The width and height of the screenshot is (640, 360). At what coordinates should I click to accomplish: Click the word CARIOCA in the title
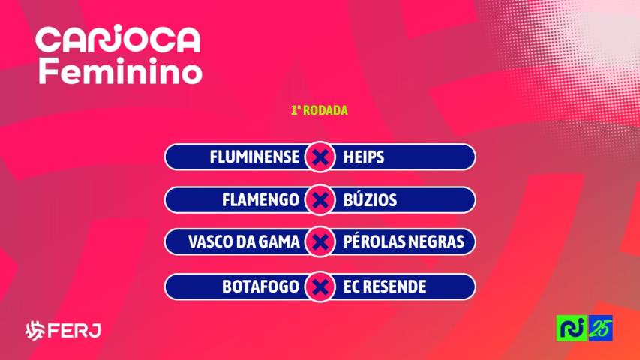[119, 40]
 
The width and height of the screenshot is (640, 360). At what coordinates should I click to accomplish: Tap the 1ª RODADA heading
[320, 110]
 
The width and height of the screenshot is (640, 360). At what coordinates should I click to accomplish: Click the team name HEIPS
[363, 157]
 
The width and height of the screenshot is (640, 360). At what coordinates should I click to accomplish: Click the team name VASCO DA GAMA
[244, 243]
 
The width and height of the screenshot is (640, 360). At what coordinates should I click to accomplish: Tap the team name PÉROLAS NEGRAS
[404, 243]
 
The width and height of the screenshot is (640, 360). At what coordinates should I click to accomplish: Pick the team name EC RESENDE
[384, 286]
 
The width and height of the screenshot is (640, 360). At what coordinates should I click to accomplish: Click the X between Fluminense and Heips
[320, 157]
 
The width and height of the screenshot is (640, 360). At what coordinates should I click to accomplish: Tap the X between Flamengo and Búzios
[320, 200]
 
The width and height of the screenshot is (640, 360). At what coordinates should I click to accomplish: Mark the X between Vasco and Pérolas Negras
[320, 243]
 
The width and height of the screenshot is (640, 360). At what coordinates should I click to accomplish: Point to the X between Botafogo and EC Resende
[320, 286]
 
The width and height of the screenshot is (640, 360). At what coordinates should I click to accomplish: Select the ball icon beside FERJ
[35, 331]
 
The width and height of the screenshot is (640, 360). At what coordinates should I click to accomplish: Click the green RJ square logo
[571, 329]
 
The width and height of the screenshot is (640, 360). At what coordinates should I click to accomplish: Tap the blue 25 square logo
[601, 329]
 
